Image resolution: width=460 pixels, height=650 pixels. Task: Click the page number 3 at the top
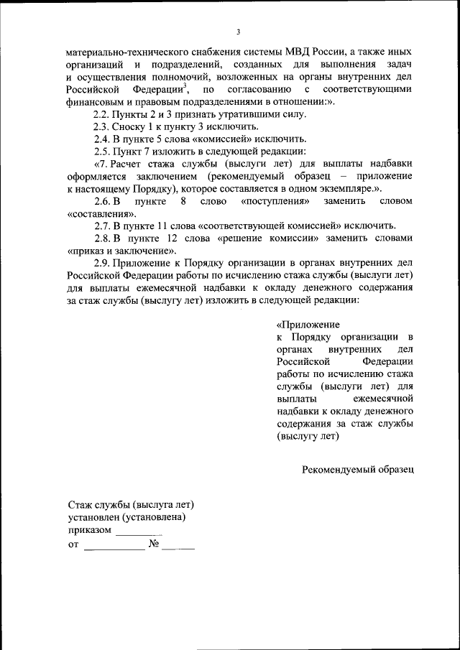coord(238,32)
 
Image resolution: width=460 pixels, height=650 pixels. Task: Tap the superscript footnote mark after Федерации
coord(185,85)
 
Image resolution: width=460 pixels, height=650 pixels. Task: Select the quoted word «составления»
coord(101,213)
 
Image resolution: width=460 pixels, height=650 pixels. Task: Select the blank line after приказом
coord(139,534)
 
